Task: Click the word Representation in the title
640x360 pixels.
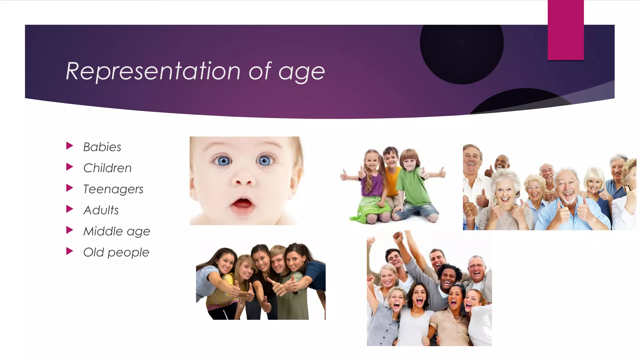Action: (153, 72)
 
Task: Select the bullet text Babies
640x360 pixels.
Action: (102, 147)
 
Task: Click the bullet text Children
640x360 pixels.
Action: (107, 168)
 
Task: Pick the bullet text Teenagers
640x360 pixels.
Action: (113, 189)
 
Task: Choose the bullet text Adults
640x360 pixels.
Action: (101, 210)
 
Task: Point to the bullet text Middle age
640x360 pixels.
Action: (117, 232)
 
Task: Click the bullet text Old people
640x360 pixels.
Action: (116, 252)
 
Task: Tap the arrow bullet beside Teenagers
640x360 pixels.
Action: (70, 188)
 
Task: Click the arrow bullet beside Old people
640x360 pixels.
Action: (70, 251)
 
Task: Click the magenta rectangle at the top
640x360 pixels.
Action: (566, 30)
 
